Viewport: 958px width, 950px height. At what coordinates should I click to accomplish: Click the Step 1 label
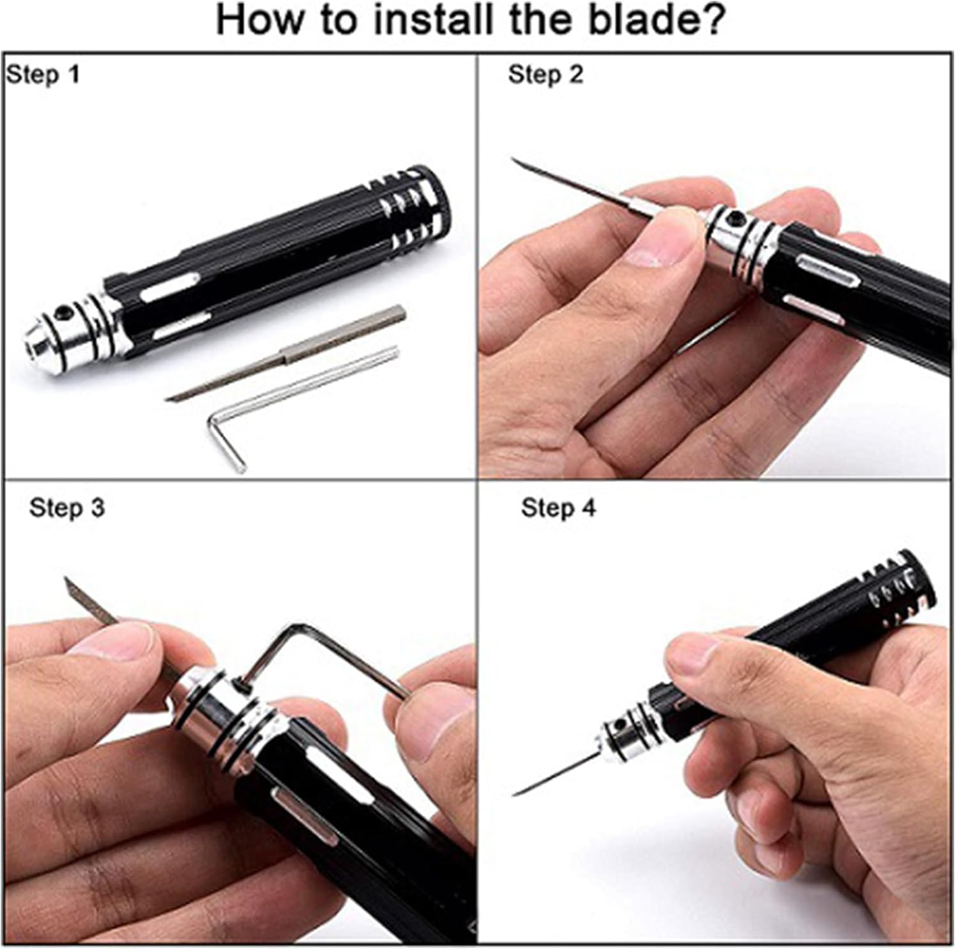pos(43,75)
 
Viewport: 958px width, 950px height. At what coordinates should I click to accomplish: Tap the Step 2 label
pos(546,75)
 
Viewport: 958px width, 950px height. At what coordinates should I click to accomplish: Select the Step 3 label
pos(67,508)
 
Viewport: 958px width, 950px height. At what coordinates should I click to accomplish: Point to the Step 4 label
pos(559,508)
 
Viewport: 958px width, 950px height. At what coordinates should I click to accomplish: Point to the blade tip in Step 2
pos(513,160)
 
